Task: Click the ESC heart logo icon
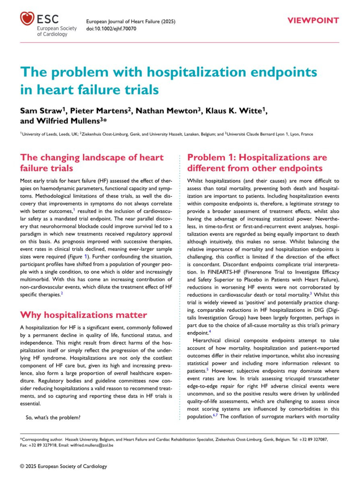coord(27,19)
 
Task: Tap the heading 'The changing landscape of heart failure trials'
coord(92,163)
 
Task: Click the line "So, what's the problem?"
coord(53,417)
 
